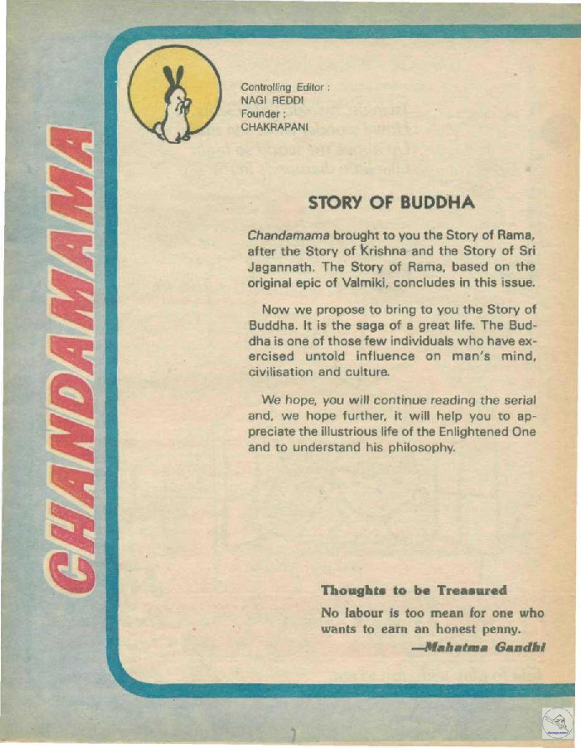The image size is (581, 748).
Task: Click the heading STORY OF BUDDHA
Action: [x=392, y=203]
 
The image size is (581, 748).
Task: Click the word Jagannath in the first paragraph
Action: [x=284, y=266]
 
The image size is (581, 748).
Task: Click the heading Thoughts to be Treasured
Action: [x=415, y=589]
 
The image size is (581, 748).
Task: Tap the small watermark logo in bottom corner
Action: [x=557, y=721]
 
